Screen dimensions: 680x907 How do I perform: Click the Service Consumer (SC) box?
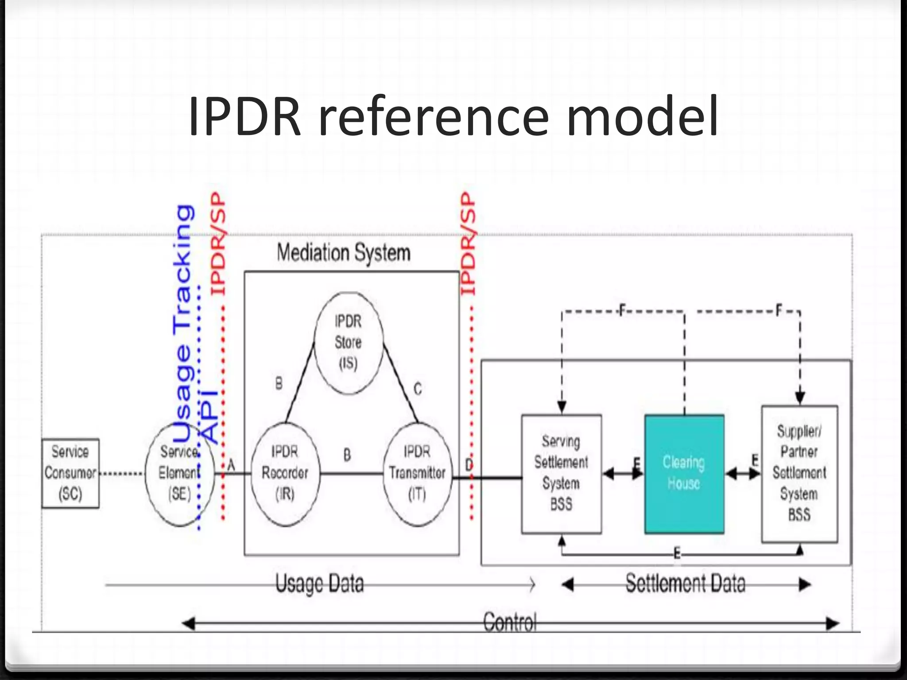tap(70, 473)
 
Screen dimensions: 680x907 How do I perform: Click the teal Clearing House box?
tap(684, 474)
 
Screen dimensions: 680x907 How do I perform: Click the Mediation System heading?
tap(344, 253)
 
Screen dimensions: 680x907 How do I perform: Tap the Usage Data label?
tap(320, 583)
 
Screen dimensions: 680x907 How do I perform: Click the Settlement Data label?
tap(685, 583)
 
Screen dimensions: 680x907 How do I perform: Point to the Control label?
tap(510, 622)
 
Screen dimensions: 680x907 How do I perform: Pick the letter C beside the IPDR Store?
tap(418, 389)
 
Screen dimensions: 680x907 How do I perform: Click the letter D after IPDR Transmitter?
tap(469, 465)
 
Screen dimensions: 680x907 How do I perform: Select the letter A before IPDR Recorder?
tap(231, 465)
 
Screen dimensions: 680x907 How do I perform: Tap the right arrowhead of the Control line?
tap(833, 624)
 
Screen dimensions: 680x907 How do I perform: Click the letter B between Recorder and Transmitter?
tap(347, 455)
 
